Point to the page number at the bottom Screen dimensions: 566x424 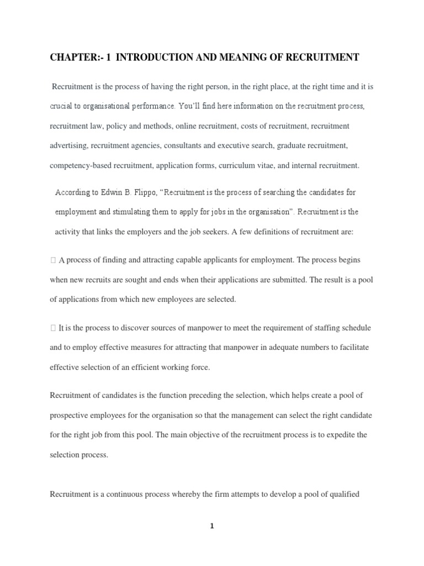(211, 526)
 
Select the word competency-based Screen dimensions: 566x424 (77, 165)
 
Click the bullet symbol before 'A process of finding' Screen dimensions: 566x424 (52, 260)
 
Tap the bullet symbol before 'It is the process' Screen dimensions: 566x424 (52, 328)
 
